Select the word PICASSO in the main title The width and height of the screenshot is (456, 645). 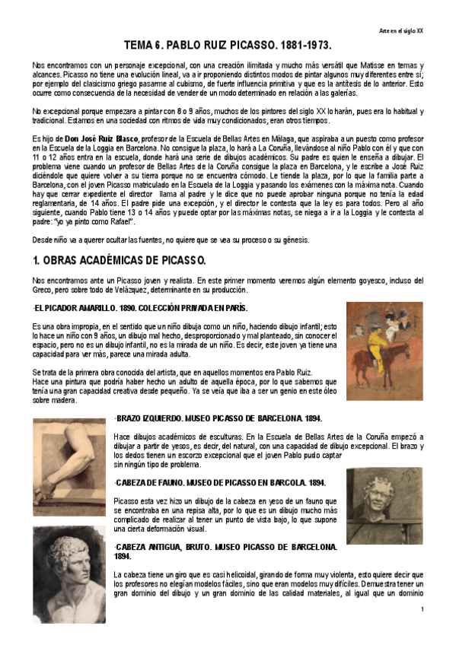coord(237,46)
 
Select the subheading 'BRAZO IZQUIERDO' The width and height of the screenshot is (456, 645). coord(163,418)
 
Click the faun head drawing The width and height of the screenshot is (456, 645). coord(384,505)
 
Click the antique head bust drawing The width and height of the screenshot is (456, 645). coord(69,568)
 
